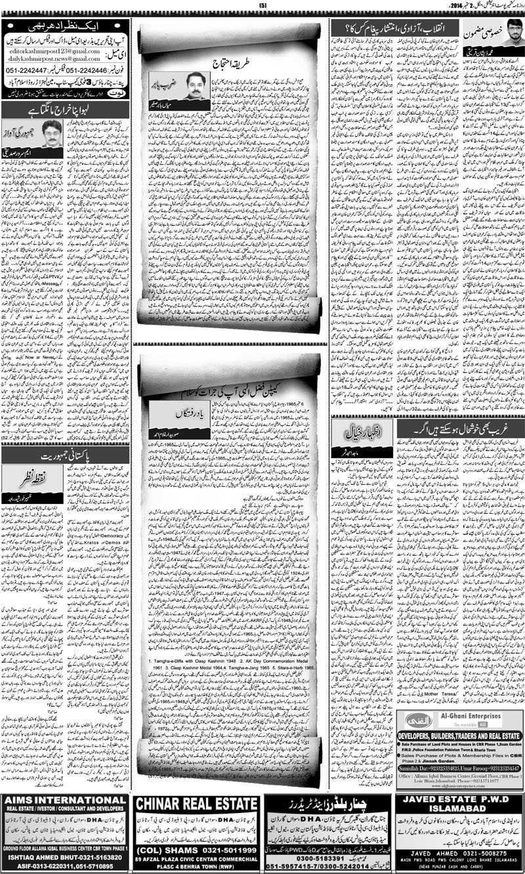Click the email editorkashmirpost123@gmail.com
coord(48,50)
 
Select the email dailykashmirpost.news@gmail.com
coord(48,58)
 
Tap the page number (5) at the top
coord(263,6)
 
